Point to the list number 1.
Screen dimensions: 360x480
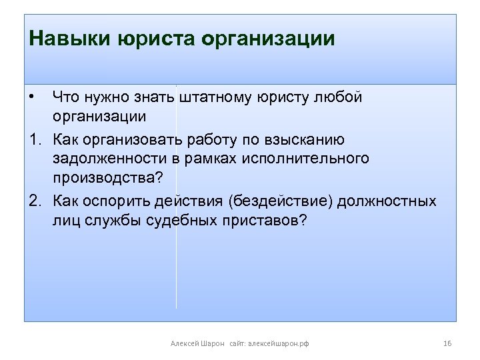(34, 139)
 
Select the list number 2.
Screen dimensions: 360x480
(34, 201)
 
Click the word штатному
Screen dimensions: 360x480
(213, 97)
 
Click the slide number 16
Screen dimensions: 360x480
(447, 343)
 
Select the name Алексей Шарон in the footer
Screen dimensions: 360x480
(197, 343)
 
